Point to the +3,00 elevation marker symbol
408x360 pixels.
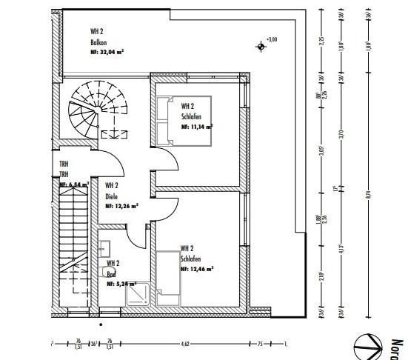coord(261,47)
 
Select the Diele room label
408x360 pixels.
coord(111,196)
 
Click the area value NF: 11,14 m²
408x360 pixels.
coord(196,127)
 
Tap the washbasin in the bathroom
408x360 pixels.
coord(105,250)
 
